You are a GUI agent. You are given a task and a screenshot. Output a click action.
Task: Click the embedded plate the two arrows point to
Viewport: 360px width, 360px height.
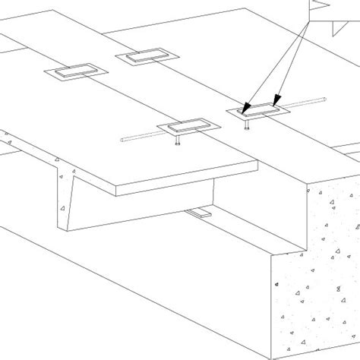point(258,111)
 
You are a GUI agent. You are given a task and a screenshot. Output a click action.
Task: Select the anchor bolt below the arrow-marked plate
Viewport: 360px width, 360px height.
point(246,126)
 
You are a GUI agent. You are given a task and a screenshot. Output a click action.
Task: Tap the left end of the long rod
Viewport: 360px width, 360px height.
point(124,139)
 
